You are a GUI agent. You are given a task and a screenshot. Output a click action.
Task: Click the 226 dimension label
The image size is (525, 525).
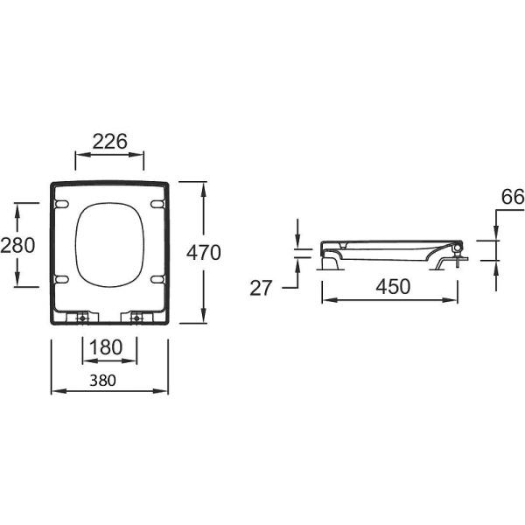tap(110, 140)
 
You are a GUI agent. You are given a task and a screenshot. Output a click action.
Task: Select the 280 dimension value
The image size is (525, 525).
tap(17, 245)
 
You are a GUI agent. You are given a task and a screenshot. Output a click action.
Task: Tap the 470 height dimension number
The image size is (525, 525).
tap(204, 253)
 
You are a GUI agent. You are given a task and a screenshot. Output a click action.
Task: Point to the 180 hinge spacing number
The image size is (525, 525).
tap(109, 347)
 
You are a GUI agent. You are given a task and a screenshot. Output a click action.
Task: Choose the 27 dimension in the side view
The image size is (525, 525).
tap(262, 288)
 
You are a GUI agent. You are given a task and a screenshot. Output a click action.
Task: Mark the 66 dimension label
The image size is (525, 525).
tap(512, 198)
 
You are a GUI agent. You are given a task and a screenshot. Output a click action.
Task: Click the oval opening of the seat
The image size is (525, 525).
tap(109, 246)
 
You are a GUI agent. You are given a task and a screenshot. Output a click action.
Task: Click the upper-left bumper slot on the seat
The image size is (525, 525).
tap(61, 205)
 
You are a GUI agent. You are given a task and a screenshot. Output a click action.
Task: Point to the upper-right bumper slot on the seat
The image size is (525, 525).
tap(157, 205)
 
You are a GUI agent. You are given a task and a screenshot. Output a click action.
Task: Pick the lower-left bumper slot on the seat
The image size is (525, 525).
tap(61, 279)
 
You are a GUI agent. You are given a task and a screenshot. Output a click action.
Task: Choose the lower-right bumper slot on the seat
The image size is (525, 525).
tap(157, 279)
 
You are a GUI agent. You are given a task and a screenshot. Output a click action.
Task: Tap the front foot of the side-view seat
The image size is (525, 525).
tap(332, 261)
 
